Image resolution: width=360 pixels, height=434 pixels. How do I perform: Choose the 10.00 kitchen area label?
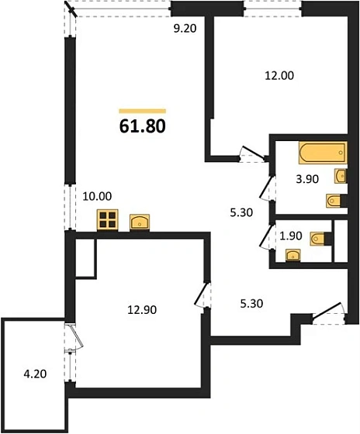coord(96,196)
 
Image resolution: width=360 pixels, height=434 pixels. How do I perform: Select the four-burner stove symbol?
coord(107,220)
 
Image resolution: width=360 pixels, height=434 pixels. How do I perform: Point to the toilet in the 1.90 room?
coord(318,237)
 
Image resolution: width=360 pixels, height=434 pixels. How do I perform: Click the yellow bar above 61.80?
coord(142,110)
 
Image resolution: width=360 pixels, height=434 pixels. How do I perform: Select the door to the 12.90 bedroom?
coord(202,294)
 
